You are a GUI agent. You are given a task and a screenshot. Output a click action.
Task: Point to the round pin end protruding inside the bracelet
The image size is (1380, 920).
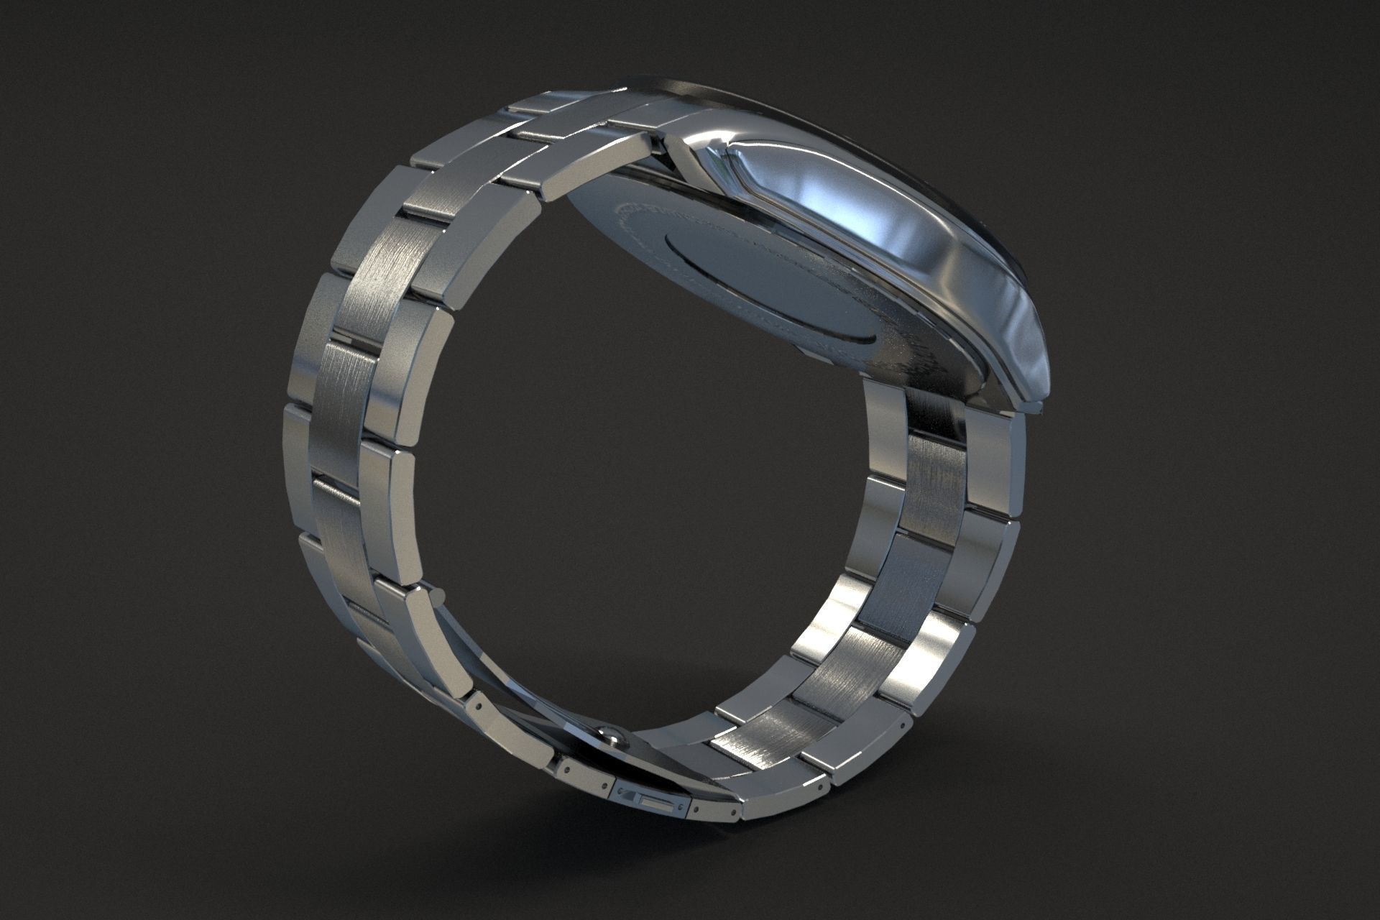[434, 594]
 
